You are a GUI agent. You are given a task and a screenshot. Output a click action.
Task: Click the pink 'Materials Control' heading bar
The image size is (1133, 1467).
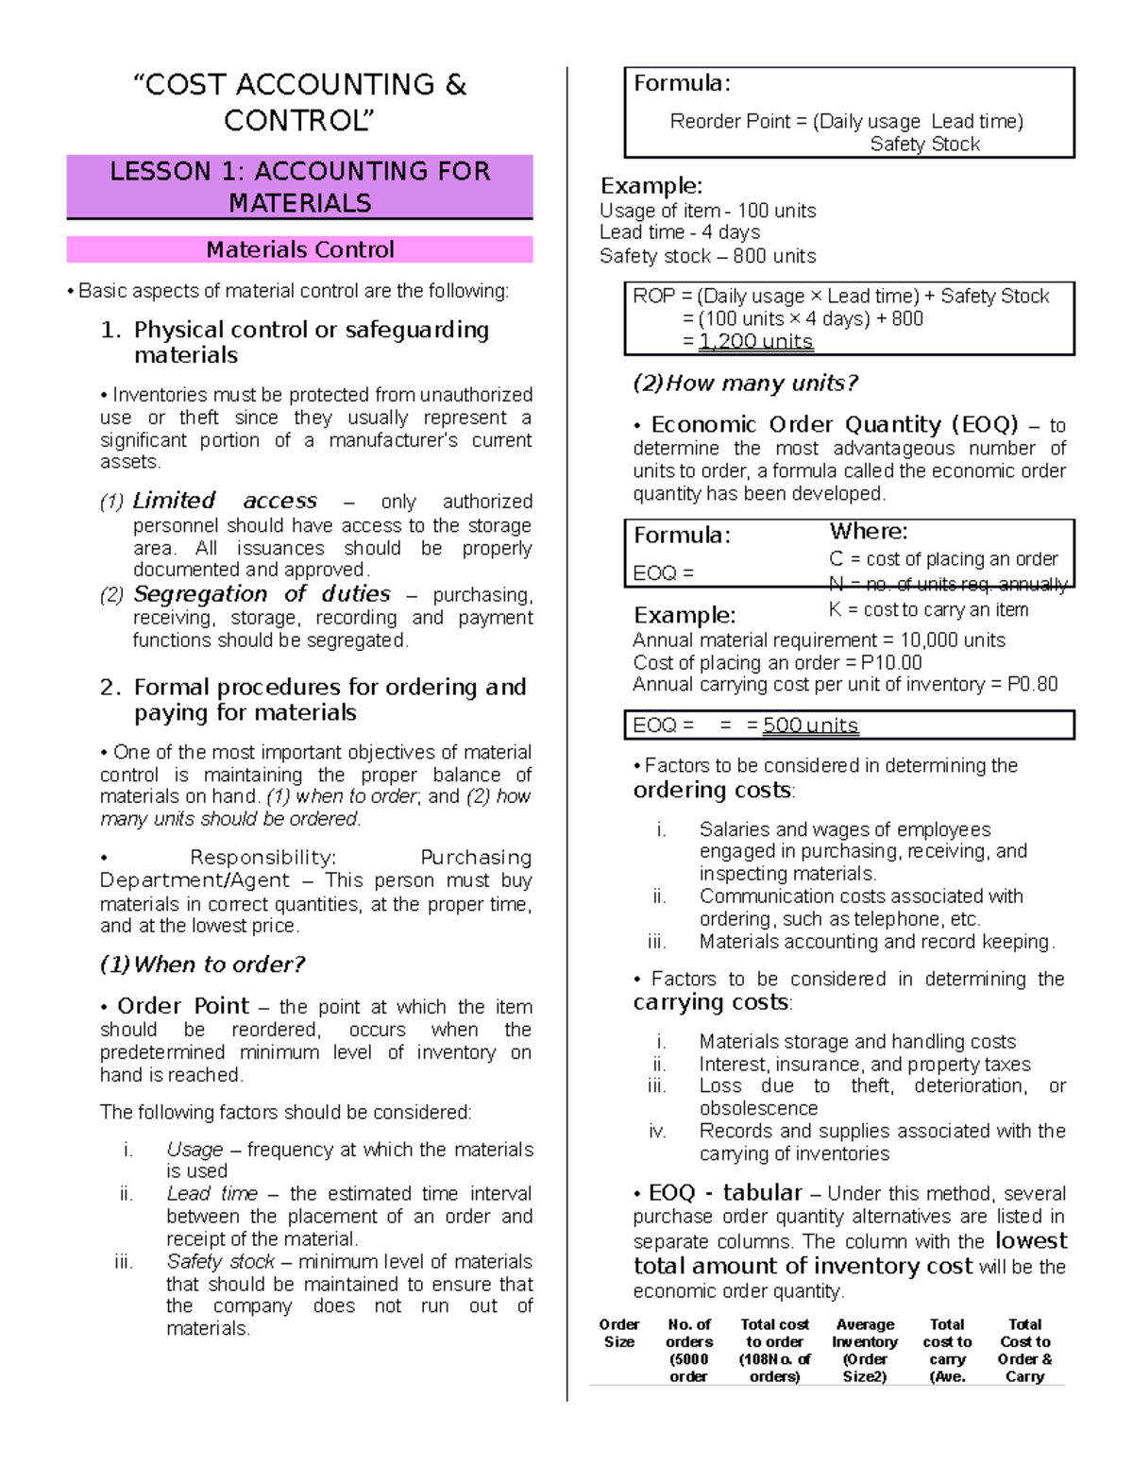coord(299,249)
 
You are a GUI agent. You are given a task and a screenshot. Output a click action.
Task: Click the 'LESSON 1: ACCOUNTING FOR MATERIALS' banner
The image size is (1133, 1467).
coord(299,187)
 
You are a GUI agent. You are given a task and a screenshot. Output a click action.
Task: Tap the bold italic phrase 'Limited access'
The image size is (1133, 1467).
coord(225,501)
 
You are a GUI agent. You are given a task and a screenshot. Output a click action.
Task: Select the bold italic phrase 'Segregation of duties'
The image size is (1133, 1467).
coord(262,594)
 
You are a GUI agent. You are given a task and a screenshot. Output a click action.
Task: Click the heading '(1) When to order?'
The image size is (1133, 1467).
coord(202,964)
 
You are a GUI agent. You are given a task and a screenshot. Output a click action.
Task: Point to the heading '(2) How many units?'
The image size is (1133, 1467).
coord(745,384)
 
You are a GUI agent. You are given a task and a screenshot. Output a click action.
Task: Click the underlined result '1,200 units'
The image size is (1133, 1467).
coord(755,342)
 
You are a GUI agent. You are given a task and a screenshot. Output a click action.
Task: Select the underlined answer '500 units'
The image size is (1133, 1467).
coord(810,725)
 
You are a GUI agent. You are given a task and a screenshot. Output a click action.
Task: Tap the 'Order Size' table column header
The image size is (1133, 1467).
coord(619,1333)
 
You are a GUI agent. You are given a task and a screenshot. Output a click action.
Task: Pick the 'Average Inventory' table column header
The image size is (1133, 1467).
coord(865,1333)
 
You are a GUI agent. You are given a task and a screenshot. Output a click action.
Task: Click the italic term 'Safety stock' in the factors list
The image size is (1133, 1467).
coord(220,1261)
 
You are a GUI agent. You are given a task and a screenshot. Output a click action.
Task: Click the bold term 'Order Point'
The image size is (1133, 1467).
coord(183,1006)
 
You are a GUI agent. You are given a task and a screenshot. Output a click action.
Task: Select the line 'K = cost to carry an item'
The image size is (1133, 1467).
coord(928,610)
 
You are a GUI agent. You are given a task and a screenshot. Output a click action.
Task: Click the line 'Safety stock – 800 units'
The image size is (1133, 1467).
coord(707,256)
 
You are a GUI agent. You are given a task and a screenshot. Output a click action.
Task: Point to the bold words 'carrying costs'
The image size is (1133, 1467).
coord(711,1002)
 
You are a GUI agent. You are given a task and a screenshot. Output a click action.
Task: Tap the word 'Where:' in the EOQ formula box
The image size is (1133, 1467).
coord(868,532)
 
